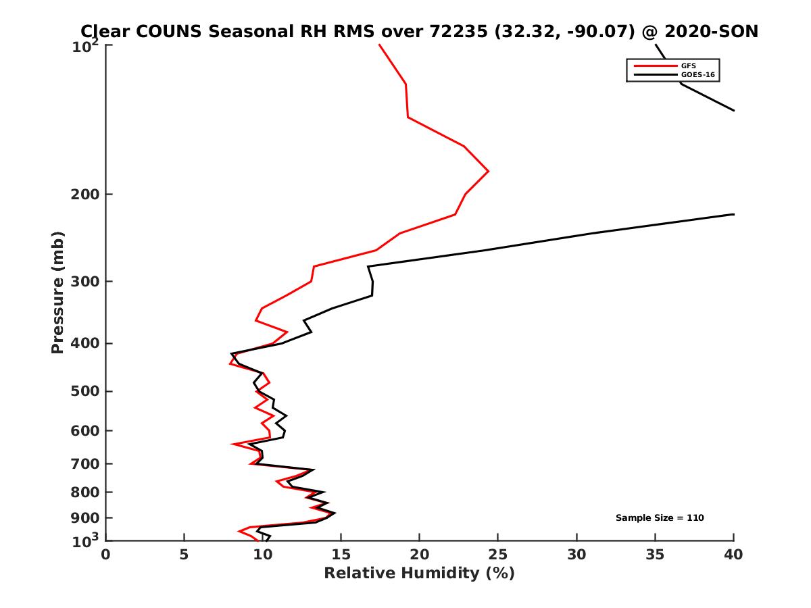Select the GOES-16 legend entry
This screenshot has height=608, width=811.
click(x=697, y=75)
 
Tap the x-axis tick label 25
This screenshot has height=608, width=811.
click(x=498, y=555)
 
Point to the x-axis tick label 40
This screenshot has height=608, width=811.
click(x=733, y=555)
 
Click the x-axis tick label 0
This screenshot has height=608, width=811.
click(x=105, y=555)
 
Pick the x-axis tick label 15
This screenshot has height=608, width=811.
click(x=341, y=555)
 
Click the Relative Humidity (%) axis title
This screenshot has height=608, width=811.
click(x=419, y=574)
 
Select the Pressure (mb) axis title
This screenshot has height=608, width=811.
click(x=57, y=292)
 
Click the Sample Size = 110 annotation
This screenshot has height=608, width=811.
click(x=660, y=518)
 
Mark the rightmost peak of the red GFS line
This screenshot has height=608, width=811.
click(x=488, y=172)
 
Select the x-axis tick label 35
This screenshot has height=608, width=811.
click(x=655, y=555)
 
